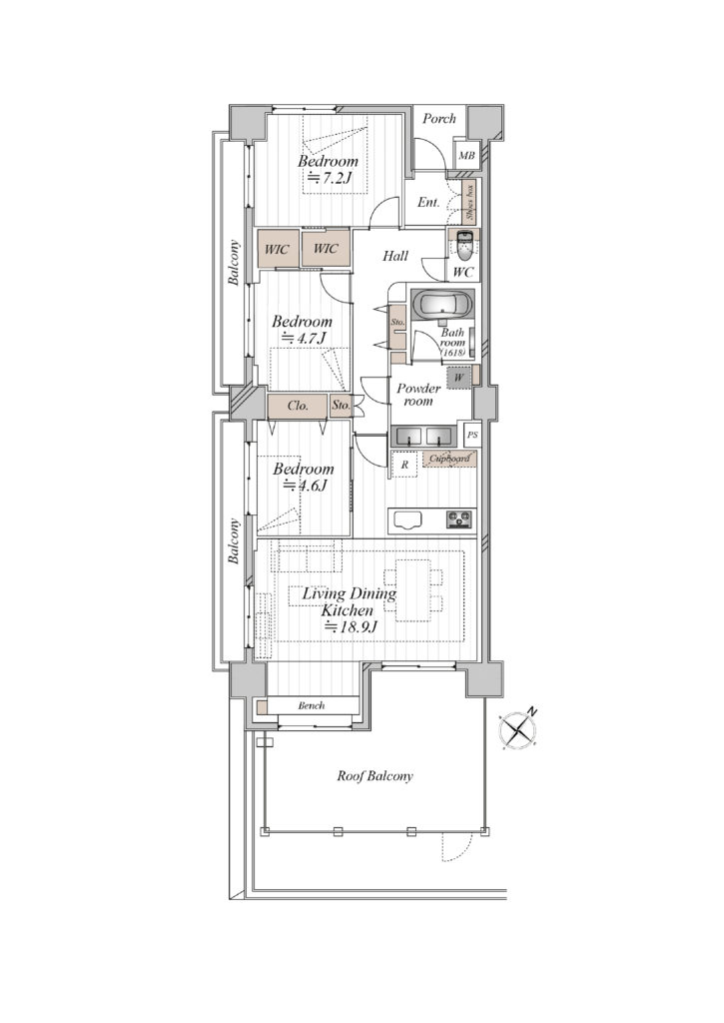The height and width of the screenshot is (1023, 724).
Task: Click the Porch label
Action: click(439, 119)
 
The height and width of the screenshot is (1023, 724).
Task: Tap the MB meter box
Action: click(466, 155)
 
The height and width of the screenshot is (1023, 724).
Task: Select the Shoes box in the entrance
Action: click(469, 202)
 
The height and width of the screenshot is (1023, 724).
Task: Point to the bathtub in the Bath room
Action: click(443, 304)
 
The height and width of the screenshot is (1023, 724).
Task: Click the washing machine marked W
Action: click(459, 378)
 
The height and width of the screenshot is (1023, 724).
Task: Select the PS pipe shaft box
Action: click(472, 434)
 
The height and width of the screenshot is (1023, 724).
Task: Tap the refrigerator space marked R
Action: click(404, 465)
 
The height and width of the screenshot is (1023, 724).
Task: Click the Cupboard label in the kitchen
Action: click(449, 459)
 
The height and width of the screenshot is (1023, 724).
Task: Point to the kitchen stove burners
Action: click(460, 519)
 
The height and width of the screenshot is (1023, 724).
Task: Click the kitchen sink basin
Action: click(406, 519)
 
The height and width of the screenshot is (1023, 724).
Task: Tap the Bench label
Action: click(312, 705)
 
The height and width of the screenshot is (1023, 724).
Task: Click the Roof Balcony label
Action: click(375, 775)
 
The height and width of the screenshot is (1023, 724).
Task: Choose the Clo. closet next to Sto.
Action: click(299, 406)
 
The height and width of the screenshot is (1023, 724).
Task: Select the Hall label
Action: click(395, 257)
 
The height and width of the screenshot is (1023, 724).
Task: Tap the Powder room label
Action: click(418, 395)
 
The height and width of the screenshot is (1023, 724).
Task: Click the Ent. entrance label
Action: click(428, 202)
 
